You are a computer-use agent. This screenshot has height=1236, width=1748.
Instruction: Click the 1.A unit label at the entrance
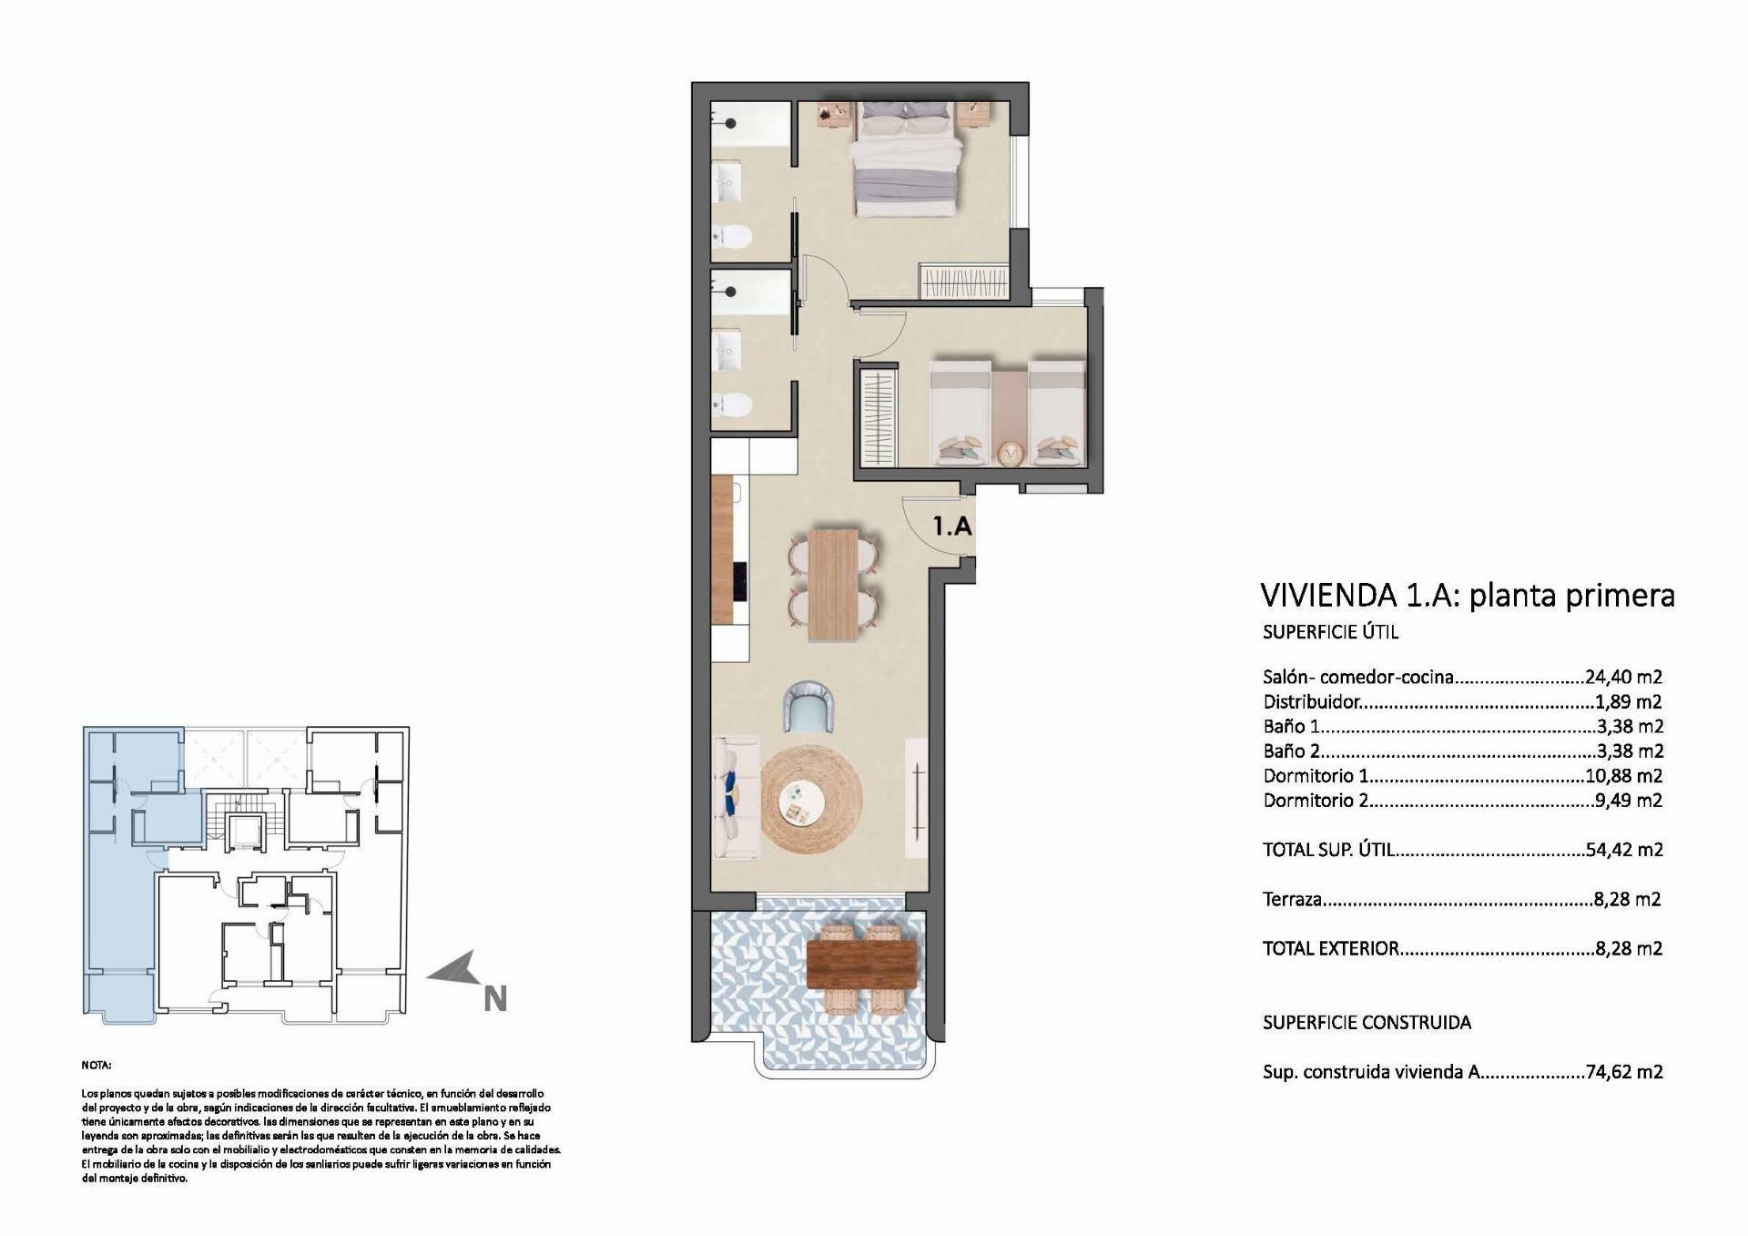pos(952,526)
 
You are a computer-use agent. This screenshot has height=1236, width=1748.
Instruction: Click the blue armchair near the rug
pos(809,708)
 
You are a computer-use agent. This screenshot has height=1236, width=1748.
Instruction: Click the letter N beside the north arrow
pos(494,999)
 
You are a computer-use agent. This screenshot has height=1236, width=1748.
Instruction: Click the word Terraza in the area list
pos(1292,900)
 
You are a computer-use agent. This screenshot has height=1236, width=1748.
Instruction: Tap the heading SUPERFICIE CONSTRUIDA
pos(1367,1023)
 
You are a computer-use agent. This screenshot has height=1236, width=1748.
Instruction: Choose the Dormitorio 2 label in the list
pos(1315,801)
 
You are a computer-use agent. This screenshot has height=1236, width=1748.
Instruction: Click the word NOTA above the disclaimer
pos(96,1065)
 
